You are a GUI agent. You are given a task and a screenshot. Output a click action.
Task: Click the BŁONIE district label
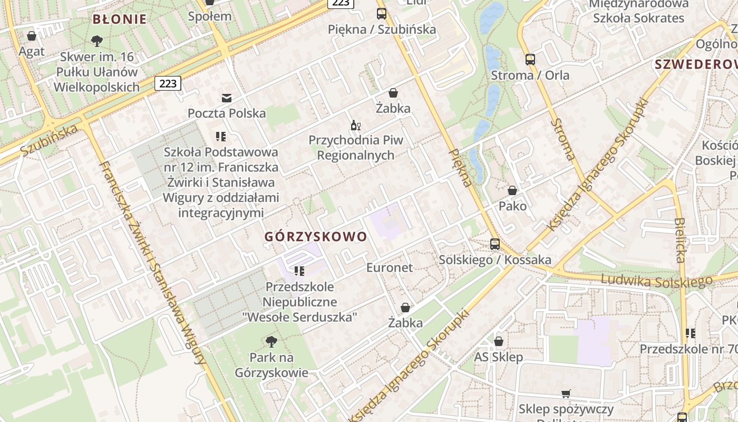tap(119, 20)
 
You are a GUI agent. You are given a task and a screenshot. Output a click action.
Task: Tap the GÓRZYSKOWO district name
tap(315, 236)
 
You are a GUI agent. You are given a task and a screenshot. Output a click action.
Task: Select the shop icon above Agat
tap(32, 36)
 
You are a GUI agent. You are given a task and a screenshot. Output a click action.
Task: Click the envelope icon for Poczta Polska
tap(227, 98)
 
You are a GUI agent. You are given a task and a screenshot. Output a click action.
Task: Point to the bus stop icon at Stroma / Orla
tap(530, 60)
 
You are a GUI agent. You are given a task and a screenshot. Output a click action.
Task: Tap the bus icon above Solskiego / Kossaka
tap(495, 244)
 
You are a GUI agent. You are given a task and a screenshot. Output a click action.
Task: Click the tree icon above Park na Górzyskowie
tap(271, 342)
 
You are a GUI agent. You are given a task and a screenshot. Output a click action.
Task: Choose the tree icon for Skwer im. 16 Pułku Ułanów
tap(97, 41)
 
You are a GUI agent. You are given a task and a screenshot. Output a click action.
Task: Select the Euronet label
tap(390, 267)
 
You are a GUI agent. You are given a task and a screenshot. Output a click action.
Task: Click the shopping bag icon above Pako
tap(512, 190)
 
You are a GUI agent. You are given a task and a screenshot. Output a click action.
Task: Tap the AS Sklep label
tap(498, 357)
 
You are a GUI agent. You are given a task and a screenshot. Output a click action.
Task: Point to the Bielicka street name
tap(681, 240)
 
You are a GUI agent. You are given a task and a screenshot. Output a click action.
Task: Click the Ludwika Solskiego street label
tap(656, 281)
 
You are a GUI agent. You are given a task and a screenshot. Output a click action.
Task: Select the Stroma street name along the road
tap(563, 139)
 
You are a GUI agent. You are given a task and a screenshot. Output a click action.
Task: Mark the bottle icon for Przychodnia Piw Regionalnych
tap(356, 125)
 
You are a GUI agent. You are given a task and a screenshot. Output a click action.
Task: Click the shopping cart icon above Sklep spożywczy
tap(566, 394)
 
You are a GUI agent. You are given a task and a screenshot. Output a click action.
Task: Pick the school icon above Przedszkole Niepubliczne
tap(299, 271)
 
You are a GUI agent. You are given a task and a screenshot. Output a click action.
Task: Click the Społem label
tap(210, 16)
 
